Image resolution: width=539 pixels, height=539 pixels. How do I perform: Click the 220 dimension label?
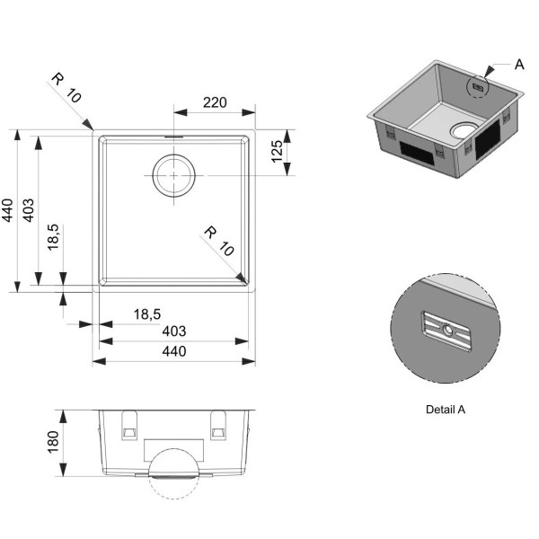tap(215, 102)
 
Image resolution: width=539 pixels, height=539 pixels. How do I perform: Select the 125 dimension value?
tap(277, 152)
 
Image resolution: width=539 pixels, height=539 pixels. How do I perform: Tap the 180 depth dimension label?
tap(53, 442)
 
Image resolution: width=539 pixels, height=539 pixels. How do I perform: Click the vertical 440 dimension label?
tap(7, 210)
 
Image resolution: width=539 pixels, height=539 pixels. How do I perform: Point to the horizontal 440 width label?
tap(174, 351)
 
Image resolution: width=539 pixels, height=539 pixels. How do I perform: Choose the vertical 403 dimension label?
tap(28, 210)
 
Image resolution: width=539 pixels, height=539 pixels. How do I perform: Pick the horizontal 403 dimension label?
tap(174, 331)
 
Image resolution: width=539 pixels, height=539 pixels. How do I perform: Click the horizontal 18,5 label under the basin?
tap(147, 314)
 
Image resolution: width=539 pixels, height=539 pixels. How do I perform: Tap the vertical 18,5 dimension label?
tap(54, 237)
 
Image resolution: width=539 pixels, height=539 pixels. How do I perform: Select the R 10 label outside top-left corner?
tap(66, 88)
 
